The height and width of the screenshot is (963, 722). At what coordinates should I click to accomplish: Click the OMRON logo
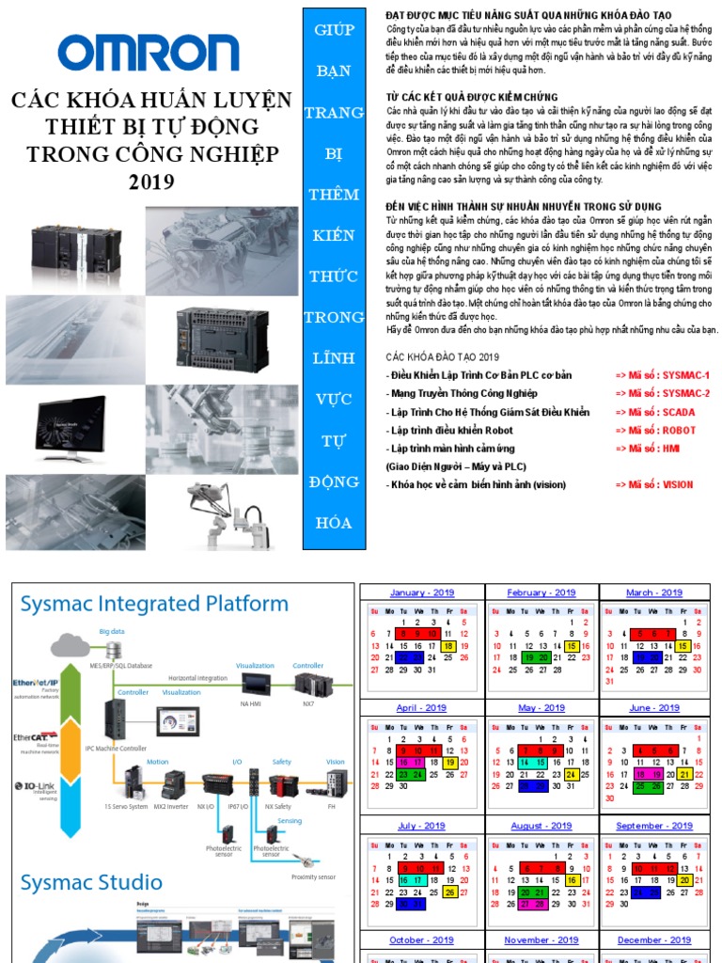click(149, 55)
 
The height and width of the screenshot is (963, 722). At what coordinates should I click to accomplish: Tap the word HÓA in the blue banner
click(335, 523)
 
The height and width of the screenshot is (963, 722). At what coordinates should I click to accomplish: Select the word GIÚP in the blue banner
click(335, 29)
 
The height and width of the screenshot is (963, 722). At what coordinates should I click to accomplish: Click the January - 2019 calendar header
click(421, 593)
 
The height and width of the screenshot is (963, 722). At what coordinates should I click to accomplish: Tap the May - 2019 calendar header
click(541, 708)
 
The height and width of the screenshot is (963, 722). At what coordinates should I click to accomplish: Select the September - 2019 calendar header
click(652, 826)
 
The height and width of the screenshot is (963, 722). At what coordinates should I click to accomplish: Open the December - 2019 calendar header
click(652, 940)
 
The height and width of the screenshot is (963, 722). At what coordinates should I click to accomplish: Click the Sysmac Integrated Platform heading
click(154, 604)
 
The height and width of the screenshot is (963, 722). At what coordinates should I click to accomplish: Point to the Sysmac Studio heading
click(84, 882)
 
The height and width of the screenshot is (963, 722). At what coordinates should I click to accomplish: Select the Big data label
click(113, 632)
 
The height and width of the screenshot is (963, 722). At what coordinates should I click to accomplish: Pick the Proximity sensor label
click(313, 876)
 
